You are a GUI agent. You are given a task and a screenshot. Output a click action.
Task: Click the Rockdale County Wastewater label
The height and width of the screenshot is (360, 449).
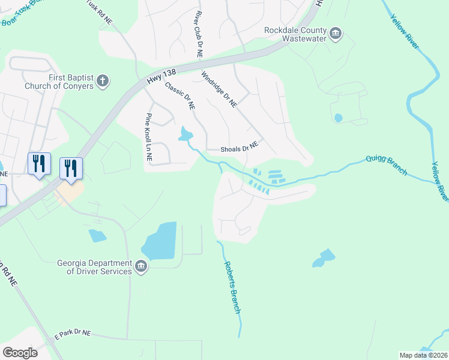296,34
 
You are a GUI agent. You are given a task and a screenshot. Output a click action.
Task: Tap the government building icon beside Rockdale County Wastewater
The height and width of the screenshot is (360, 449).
336,33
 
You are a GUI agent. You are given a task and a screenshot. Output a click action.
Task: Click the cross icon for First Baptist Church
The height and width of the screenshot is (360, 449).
103,80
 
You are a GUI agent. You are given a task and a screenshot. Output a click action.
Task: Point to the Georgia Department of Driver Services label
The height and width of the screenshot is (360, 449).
94,267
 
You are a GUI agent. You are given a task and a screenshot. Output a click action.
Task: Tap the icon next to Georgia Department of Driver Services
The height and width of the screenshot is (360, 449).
140,267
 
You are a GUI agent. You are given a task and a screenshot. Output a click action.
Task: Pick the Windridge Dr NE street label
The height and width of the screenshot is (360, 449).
219,90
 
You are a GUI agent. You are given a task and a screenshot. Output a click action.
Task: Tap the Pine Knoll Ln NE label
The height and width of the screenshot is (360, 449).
149,137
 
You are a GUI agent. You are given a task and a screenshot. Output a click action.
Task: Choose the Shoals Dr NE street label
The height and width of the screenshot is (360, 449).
232,148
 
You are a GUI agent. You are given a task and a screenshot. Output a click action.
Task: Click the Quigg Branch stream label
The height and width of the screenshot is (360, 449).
387,165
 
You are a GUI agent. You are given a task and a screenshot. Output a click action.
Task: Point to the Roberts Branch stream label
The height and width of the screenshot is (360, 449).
232,287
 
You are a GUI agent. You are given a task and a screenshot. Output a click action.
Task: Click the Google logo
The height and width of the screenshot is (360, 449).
20,353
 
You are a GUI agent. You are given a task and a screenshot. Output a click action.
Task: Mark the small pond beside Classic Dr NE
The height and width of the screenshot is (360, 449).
185,134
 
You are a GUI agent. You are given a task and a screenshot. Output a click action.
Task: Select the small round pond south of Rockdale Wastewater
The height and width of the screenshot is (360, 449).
338,118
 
